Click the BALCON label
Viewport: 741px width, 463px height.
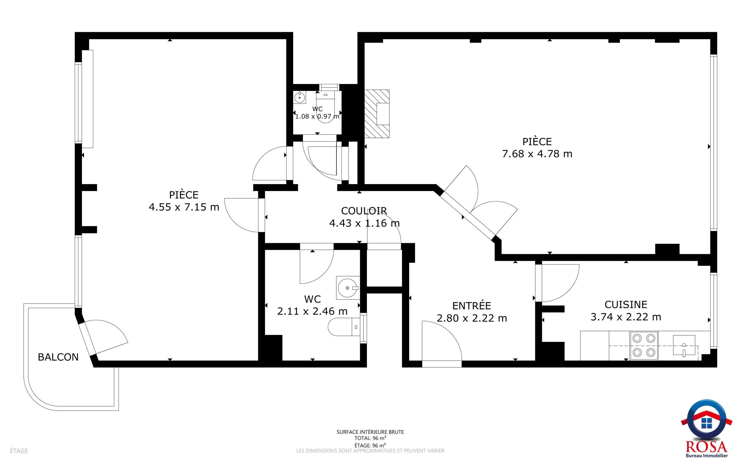click(x=58, y=357)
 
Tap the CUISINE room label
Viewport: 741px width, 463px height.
click(x=626, y=304)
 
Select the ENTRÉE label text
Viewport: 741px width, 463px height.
click(x=472, y=305)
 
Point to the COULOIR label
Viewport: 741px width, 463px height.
click(x=364, y=211)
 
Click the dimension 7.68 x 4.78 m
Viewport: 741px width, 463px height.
click(x=537, y=154)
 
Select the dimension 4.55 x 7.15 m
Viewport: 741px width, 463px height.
click(x=184, y=207)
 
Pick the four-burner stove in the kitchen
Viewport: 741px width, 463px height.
click(x=644, y=345)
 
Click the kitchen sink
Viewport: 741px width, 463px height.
click(x=684, y=345)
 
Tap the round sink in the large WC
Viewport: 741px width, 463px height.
click(x=348, y=288)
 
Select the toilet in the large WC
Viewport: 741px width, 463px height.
click(x=344, y=327)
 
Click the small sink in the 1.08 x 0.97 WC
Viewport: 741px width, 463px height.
click(x=299, y=97)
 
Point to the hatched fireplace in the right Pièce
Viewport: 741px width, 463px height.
click(x=377, y=114)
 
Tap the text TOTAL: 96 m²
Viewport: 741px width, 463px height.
click(x=370, y=438)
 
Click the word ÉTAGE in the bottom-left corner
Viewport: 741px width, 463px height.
click(x=19, y=451)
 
